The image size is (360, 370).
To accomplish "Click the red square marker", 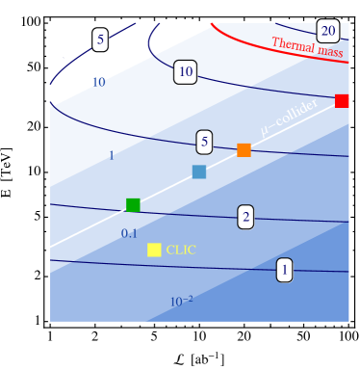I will click(x=342, y=101).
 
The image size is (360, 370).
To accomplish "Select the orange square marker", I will click(x=244, y=150).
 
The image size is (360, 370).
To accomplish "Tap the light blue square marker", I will click(x=199, y=172).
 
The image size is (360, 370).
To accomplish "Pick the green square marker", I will click(x=133, y=204).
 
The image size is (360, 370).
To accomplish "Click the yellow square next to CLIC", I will click(x=154, y=250).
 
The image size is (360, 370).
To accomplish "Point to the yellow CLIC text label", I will click(x=181, y=250).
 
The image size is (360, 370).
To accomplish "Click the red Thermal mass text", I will click(x=307, y=45).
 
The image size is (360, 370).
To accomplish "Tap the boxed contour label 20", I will click(x=327, y=30).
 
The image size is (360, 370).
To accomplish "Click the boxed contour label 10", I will click(x=186, y=72).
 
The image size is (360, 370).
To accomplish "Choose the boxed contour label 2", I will click(x=246, y=217).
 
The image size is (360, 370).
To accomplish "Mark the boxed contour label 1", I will click(x=284, y=271).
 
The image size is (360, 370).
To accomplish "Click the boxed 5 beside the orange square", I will click(x=203, y=143).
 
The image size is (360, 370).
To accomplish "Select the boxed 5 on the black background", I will click(x=100, y=40).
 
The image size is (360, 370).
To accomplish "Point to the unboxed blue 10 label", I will click(x=98, y=83).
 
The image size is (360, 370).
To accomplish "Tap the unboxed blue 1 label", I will click(x=111, y=155).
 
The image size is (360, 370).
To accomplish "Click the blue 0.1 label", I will click(x=129, y=233).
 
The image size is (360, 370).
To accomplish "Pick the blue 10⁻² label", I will click(x=181, y=302).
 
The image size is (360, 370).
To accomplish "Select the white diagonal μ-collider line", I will click(x=96, y=224).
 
